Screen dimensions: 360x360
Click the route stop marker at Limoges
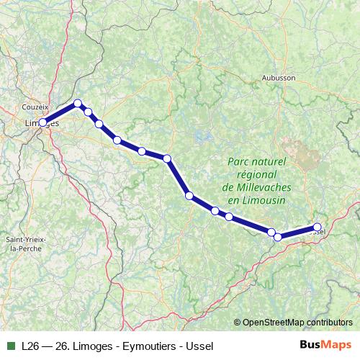pos(42,122)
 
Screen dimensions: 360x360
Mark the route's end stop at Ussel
pos(317,228)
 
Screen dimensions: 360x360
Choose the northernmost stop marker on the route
pos(78,104)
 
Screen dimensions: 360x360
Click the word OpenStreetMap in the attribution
pos(271,322)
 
